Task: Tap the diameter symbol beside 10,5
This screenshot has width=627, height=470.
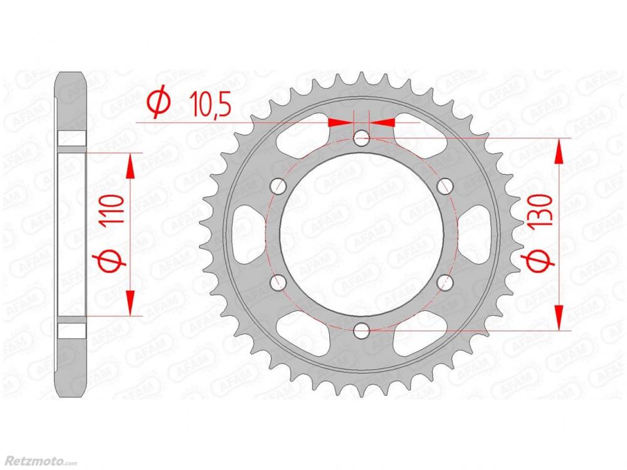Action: [159, 103]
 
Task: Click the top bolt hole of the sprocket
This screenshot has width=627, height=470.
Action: [362, 139]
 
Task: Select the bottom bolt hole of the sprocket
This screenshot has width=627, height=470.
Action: [362, 330]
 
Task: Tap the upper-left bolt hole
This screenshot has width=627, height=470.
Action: [279, 186]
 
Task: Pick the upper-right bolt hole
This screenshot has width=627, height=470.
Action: [445, 186]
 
